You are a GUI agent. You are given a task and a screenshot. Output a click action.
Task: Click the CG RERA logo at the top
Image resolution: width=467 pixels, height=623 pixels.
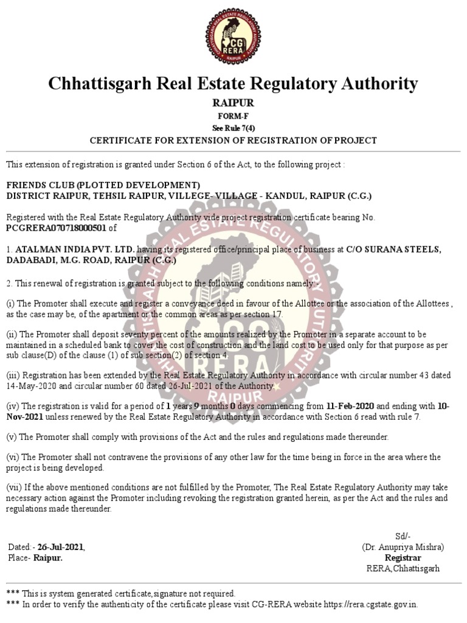pyautogui.click(x=233, y=37)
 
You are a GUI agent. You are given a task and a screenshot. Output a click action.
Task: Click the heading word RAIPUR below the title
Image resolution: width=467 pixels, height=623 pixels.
pyautogui.click(x=233, y=103)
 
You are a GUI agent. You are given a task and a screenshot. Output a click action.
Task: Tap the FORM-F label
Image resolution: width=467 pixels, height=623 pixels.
pyautogui.click(x=233, y=116)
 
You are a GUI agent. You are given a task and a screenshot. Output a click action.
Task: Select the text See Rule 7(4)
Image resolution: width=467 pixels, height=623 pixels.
pyautogui.click(x=233, y=128)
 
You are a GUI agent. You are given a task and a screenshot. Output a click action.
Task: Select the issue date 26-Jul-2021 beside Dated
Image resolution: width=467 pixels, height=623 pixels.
pyautogui.click(x=60, y=547)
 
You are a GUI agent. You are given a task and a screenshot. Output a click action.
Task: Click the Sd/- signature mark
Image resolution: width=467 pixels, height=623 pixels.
pyautogui.click(x=403, y=536)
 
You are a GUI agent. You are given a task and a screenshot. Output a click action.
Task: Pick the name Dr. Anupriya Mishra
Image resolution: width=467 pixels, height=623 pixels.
pyautogui.click(x=404, y=546)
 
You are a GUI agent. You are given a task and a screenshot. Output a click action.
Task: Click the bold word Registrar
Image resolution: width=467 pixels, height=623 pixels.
pyautogui.click(x=403, y=557)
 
